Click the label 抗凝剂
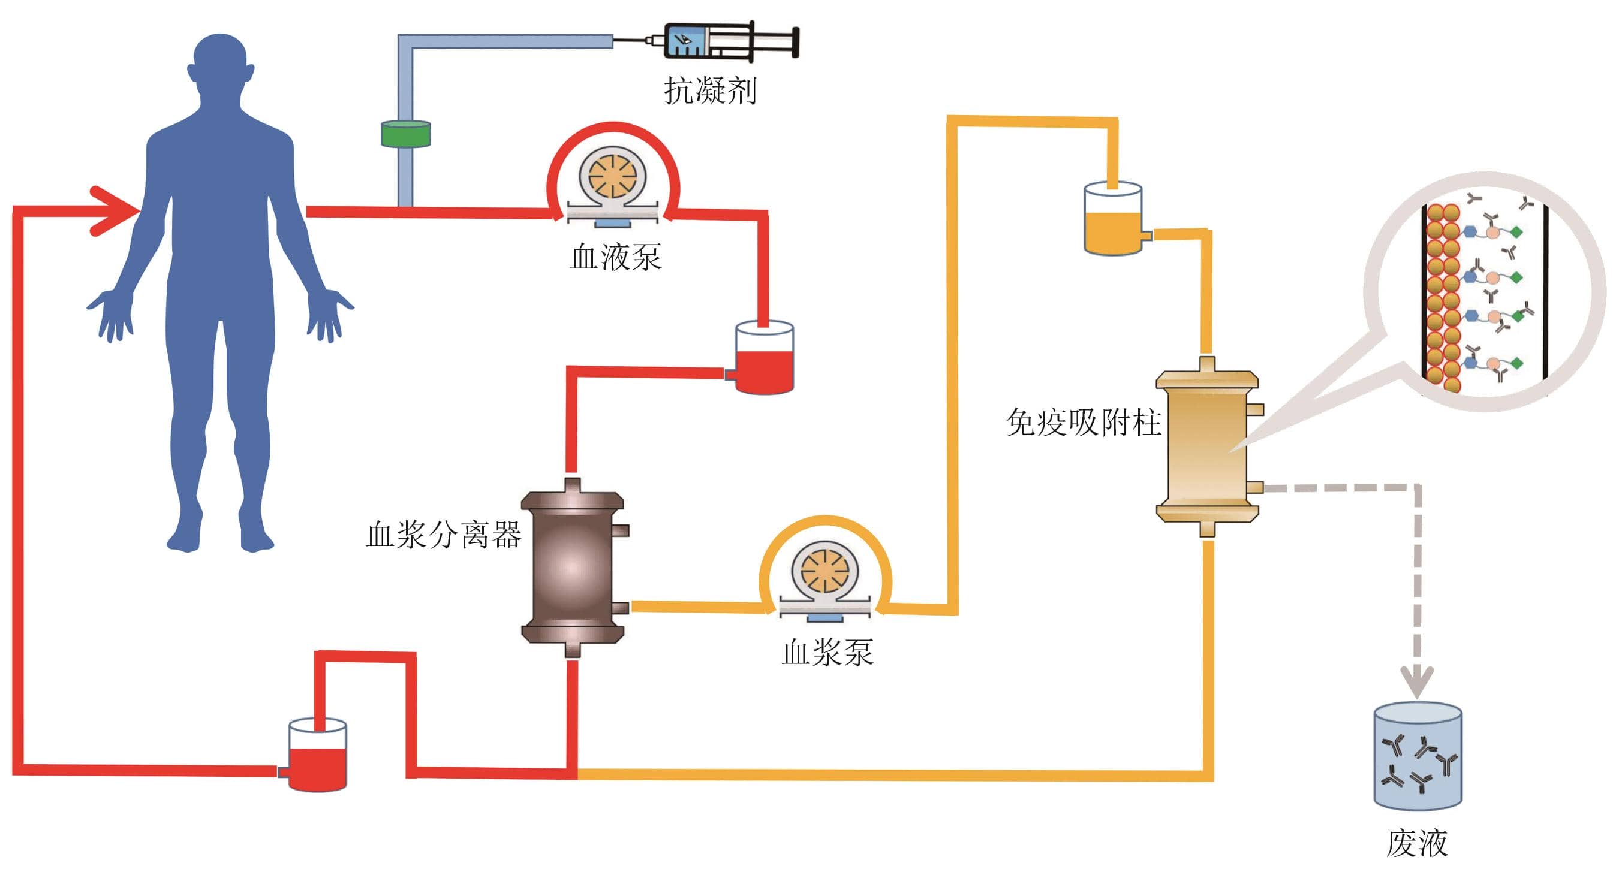point(710,90)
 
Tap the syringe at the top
point(729,41)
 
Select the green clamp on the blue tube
point(405,134)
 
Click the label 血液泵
point(615,257)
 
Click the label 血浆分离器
point(443,535)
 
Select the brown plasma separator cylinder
point(573,568)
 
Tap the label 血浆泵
point(827,652)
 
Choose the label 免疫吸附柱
point(1083,422)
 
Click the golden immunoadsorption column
point(1206,446)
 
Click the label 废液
point(1418,843)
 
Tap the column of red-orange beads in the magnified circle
point(1442,295)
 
